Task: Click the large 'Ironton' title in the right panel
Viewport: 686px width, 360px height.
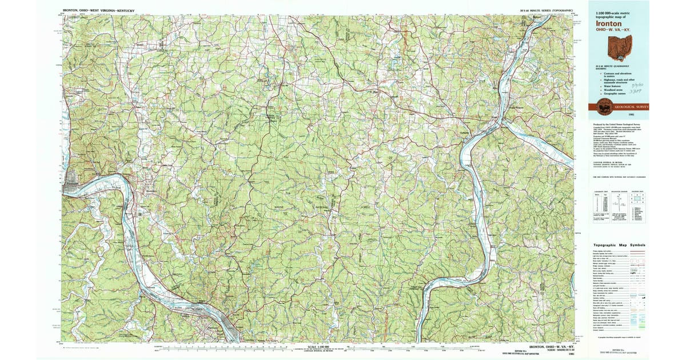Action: pos(609,24)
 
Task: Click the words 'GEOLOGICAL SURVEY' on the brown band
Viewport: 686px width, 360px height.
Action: pos(631,107)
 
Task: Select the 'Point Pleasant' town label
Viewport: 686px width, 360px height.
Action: pos(516,107)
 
